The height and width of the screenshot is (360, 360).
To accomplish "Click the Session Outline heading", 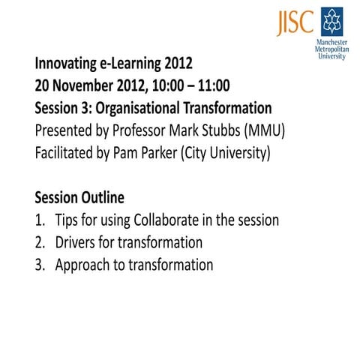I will [x=80, y=199].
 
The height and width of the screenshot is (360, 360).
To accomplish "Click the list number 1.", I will [x=40, y=220].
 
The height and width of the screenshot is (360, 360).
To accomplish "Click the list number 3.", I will [x=40, y=265].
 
